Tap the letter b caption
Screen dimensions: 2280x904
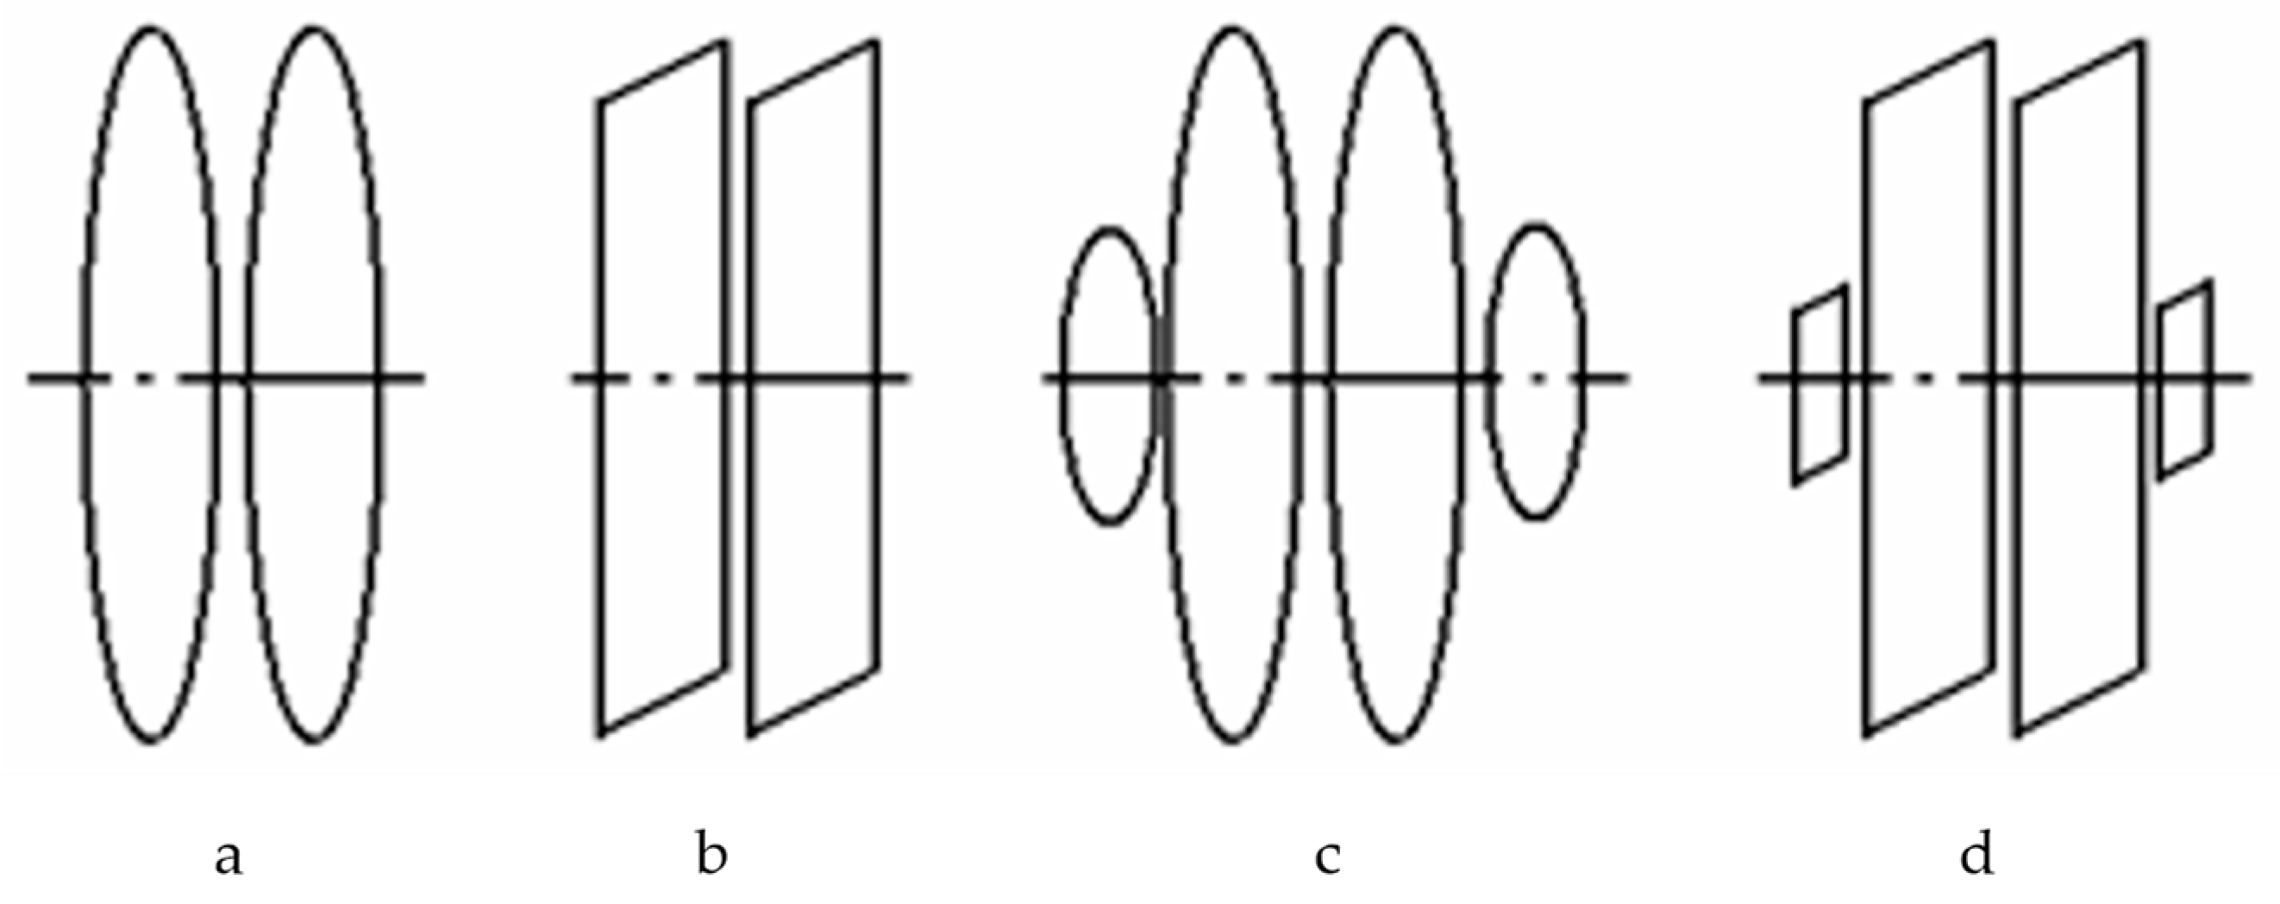[711, 855]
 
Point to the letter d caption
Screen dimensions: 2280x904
[1976, 855]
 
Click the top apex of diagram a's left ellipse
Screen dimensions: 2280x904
[153, 28]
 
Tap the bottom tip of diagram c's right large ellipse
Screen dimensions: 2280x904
[1395, 740]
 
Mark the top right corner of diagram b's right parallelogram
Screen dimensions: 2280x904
[877, 41]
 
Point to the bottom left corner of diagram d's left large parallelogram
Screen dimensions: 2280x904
[1867, 734]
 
